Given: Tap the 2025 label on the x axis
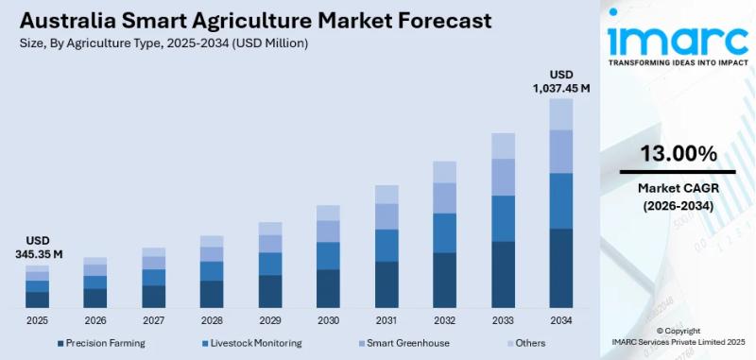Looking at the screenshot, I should coord(37,321).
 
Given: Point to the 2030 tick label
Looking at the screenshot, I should coord(328,321).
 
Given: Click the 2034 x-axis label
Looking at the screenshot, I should coord(561,321).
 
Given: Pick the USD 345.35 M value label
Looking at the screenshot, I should coord(38,248).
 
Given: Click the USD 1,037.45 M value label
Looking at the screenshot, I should coord(562,81).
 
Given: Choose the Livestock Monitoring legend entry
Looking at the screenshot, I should coord(251,343).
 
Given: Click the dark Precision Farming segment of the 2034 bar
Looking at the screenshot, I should coord(561,268).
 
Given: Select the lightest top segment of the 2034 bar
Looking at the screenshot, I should coord(561,114).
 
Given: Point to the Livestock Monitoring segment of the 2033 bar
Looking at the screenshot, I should coord(503,218).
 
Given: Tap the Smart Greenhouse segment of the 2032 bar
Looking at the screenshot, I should coord(444,197).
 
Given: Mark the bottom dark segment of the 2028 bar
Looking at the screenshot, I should coord(212,294).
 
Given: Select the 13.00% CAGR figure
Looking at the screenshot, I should coord(678,153).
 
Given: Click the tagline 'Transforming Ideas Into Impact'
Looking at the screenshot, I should coord(678,63).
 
